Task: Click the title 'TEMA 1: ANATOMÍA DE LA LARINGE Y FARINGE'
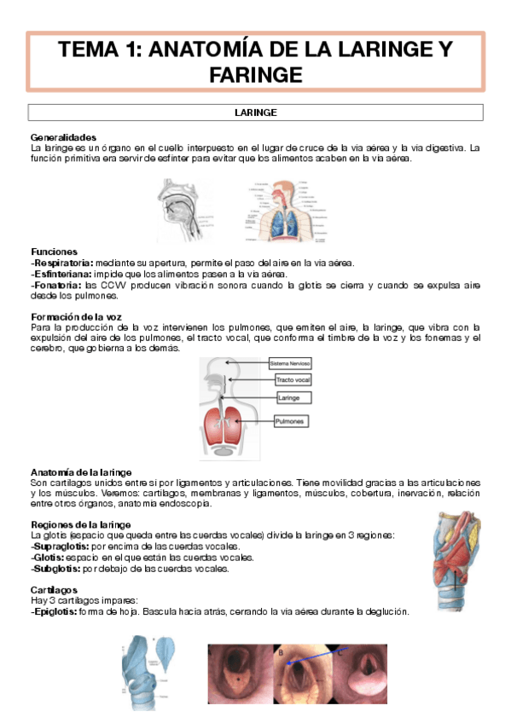[x=255, y=62]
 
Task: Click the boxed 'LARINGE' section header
[x=255, y=112]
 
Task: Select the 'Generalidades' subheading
[x=63, y=137]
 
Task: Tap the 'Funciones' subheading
[x=54, y=252]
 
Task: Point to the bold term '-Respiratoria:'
[x=61, y=263]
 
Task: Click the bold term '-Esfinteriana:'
[x=61, y=274]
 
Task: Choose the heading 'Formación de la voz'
[x=72, y=316]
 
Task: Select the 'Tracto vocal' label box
[x=292, y=379]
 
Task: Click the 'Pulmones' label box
[x=292, y=421]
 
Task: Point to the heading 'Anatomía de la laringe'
[x=80, y=472]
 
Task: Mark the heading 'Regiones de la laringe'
[x=80, y=523]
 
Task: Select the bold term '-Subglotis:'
[x=55, y=568]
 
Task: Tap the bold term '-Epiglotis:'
[x=55, y=610]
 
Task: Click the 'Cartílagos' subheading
[x=54, y=589]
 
